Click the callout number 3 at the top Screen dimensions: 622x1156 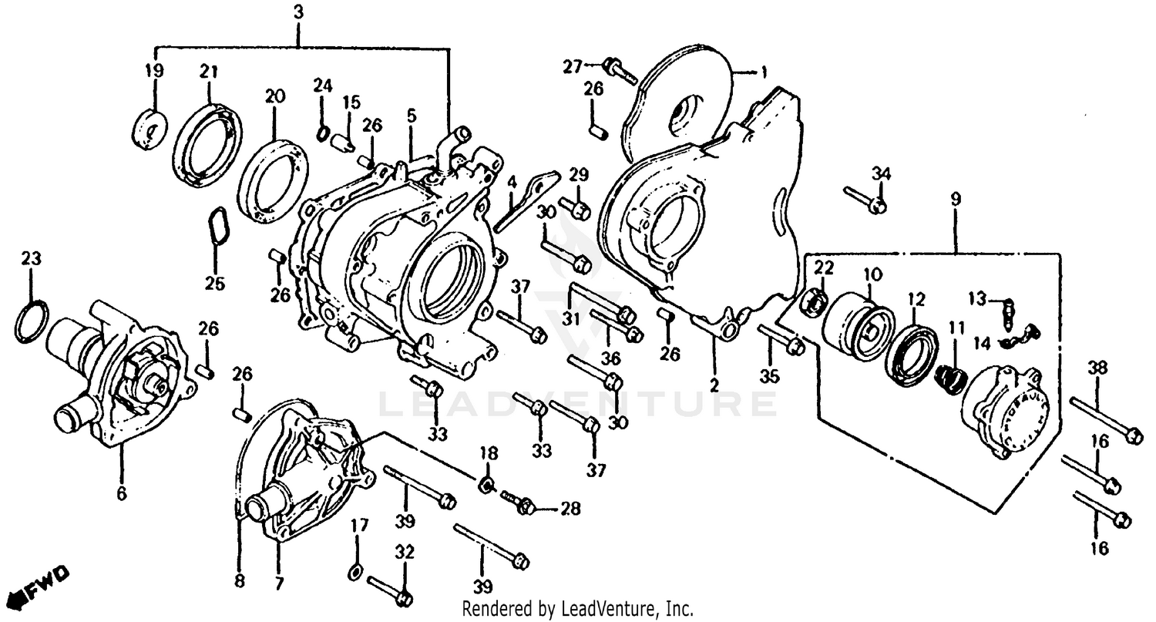298,12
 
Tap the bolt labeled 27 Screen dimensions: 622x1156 620,71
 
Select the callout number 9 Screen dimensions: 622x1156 955,199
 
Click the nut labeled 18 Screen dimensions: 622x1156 487,485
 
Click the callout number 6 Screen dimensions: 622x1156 121,493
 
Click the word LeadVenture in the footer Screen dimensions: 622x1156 612,609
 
